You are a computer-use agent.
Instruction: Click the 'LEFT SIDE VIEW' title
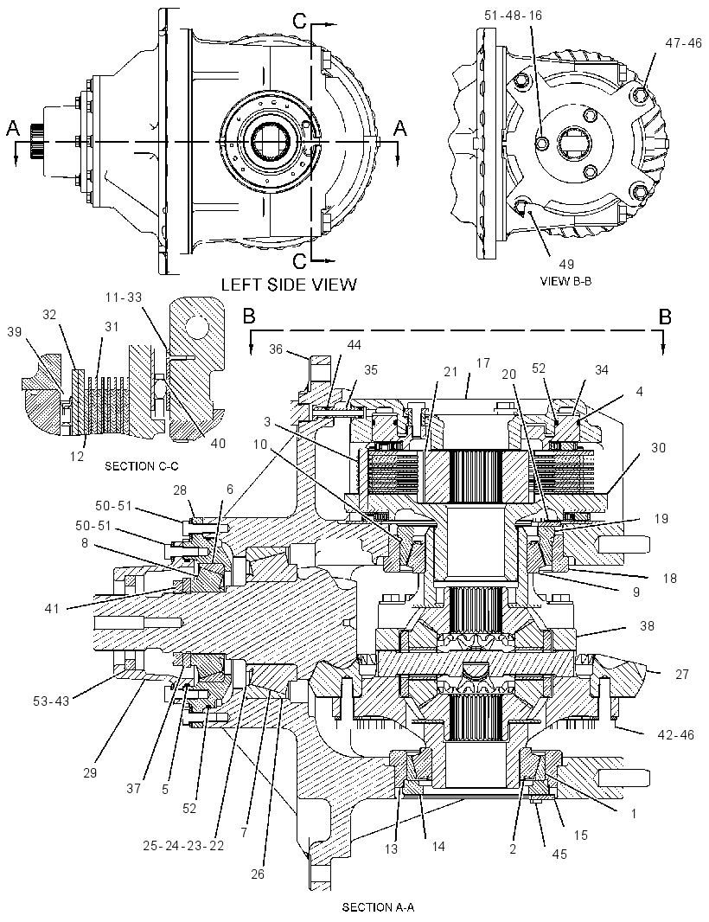(289, 285)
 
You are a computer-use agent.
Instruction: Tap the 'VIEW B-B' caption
(565, 281)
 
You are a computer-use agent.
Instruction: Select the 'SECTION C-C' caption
(142, 466)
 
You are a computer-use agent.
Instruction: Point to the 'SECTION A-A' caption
(378, 907)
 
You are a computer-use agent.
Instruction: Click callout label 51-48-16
(513, 16)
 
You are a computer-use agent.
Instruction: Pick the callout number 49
(566, 264)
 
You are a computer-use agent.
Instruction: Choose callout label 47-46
(684, 43)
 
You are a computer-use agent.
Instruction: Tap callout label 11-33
(124, 298)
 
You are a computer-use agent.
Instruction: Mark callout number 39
(14, 331)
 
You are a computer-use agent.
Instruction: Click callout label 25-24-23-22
(183, 846)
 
